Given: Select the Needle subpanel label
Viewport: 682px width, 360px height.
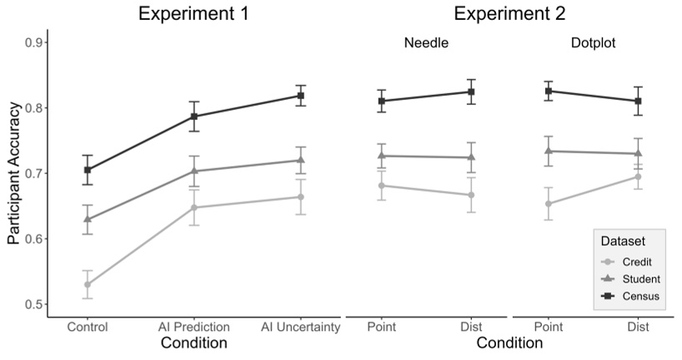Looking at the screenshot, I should point(426,42).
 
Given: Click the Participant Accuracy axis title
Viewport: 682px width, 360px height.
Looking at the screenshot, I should point(14,173).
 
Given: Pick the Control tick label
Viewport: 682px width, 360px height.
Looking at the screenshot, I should point(88,327).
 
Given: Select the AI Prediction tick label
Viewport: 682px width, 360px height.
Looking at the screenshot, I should point(193,327).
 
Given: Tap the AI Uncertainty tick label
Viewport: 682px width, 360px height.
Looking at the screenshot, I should point(300,327).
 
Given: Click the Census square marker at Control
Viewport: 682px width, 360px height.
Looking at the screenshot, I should point(88,170).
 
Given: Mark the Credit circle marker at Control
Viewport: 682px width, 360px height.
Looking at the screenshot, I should point(88,284).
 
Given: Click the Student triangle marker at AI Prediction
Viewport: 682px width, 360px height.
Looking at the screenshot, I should point(193,171).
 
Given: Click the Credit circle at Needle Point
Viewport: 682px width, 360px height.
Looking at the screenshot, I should point(381,186).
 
